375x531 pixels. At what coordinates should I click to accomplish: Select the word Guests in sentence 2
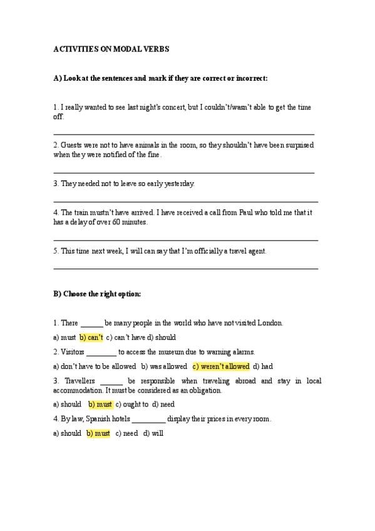point(71,145)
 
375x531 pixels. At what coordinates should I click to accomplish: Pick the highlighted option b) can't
point(91,337)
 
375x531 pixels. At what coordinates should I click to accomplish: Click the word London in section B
point(270,323)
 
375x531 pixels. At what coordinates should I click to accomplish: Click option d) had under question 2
point(263,366)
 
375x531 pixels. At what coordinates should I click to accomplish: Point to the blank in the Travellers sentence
point(111,381)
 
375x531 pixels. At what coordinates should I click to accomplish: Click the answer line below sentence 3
point(185,200)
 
